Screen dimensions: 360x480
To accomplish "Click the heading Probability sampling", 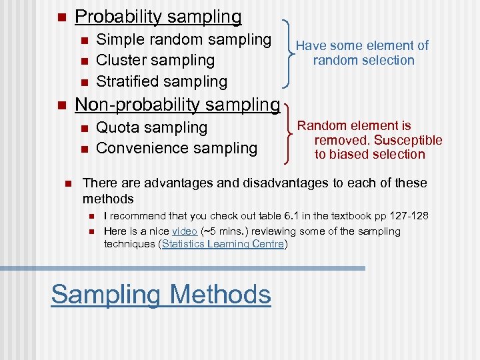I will pyautogui.click(x=158, y=16).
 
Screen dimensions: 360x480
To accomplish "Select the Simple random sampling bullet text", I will pyautogui.click(x=183, y=40).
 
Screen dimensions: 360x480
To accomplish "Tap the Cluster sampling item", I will pyautogui.click(x=155, y=61).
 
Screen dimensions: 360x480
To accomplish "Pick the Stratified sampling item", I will pyautogui.click(x=161, y=81).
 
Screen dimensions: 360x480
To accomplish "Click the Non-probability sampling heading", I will pyautogui.click(x=177, y=105).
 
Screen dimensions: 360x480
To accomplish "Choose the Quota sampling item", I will pyautogui.click(x=151, y=127).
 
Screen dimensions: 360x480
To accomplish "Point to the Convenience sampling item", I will pyautogui.click(x=177, y=148).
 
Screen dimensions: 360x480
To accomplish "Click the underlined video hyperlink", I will pyautogui.click(x=184, y=231).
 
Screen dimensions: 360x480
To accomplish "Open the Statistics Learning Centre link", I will pyautogui.click(x=223, y=244).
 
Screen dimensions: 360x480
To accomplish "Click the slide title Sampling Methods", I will pyautogui.click(x=161, y=294).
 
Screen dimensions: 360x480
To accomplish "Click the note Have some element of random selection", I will pyautogui.click(x=363, y=53).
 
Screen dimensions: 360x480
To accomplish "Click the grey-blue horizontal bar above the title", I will pyautogui.click(x=183, y=268).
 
